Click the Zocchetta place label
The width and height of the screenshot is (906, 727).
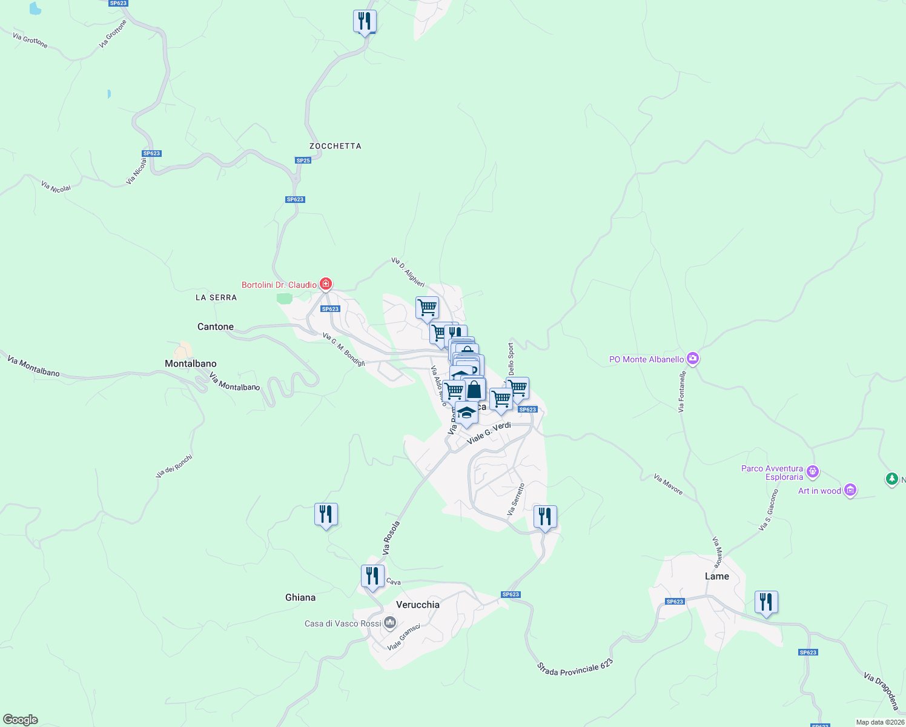coord(335,146)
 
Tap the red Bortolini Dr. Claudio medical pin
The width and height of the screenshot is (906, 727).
coord(326,284)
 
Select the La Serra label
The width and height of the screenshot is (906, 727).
coord(216,297)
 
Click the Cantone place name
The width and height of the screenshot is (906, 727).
coord(216,327)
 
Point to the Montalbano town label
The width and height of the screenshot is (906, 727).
coord(191,363)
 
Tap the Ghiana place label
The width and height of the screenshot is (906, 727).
coord(300,597)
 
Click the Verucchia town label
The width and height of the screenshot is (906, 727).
coord(417,605)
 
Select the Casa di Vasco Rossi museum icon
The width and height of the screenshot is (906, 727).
coord(390,623)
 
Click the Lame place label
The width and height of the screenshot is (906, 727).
coord(717,576)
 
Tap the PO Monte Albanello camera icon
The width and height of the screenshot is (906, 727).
coord(693,359)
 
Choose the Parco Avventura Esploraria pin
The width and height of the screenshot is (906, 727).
coord(813,471)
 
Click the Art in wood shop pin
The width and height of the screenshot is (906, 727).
coord(850,490)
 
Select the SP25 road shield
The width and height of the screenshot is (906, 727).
coord(303,161)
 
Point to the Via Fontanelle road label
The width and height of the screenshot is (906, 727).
coord(683,392)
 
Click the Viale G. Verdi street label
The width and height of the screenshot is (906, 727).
coord(489,433)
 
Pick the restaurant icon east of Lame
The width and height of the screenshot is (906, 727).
coord(766,603)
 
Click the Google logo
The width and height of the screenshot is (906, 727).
coord(21,720)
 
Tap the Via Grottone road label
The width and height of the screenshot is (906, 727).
coord(30,41)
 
